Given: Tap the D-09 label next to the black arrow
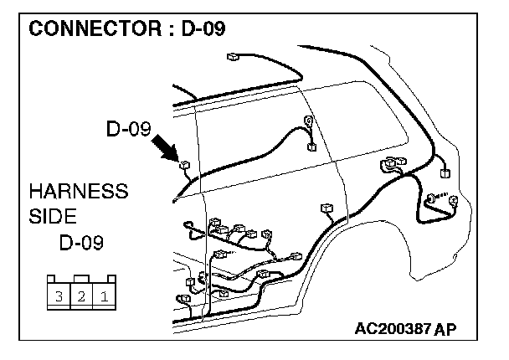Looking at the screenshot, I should [x=127, y=130].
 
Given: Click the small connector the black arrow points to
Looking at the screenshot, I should [x=184, y=165].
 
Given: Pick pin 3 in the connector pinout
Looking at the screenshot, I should [x=59, y=296].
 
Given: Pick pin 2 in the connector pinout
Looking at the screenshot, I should [x=81, y=296].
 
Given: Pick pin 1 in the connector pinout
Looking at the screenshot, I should [x=103, y=296].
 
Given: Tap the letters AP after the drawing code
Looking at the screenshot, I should [x=445, y=328].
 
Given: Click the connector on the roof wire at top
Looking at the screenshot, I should [x=232, y=58].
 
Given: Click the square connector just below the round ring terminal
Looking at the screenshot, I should [x=312, y=147].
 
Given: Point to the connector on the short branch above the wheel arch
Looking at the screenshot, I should [x=326, y=208].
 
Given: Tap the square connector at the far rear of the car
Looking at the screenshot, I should [x=445, y=174].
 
